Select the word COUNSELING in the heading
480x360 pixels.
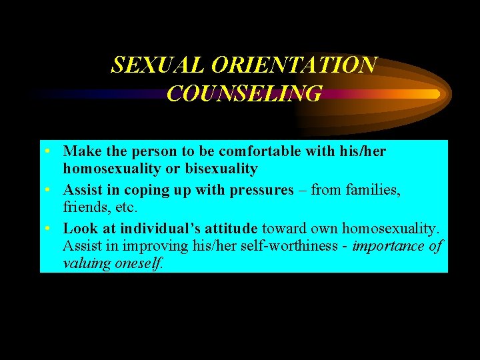tap(244, 93)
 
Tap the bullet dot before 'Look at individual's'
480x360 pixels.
tap(49, 229)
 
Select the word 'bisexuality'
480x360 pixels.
tap(223, 169)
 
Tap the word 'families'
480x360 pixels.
tap(373, 190)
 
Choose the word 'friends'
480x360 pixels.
tap(85, 207)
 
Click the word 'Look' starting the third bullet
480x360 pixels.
tap(80, 229)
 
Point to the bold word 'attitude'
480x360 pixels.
tap(229, 229)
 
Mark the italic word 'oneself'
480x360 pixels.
tap(139, 263)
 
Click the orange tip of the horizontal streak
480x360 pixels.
tap(433, 94)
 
